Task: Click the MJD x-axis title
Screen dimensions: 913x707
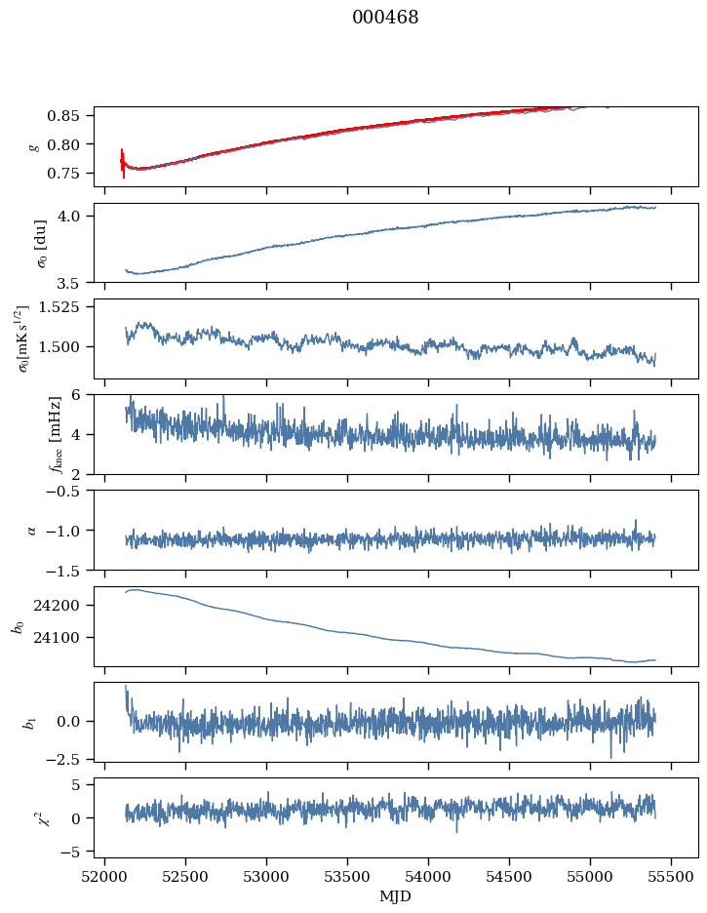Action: pos(396,895)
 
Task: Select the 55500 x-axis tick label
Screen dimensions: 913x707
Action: pos(671,876)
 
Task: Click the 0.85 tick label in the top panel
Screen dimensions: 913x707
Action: pos(75,116)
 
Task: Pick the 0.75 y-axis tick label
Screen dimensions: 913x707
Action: pos(75,174)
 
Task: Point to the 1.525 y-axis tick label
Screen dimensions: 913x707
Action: pos(68,306)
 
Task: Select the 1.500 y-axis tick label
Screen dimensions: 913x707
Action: pos(68,347)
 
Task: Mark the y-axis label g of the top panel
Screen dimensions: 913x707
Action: pos(36,146)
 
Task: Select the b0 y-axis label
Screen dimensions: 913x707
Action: pos(17,626)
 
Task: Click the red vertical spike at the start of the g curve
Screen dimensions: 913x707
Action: pos(123,163)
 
